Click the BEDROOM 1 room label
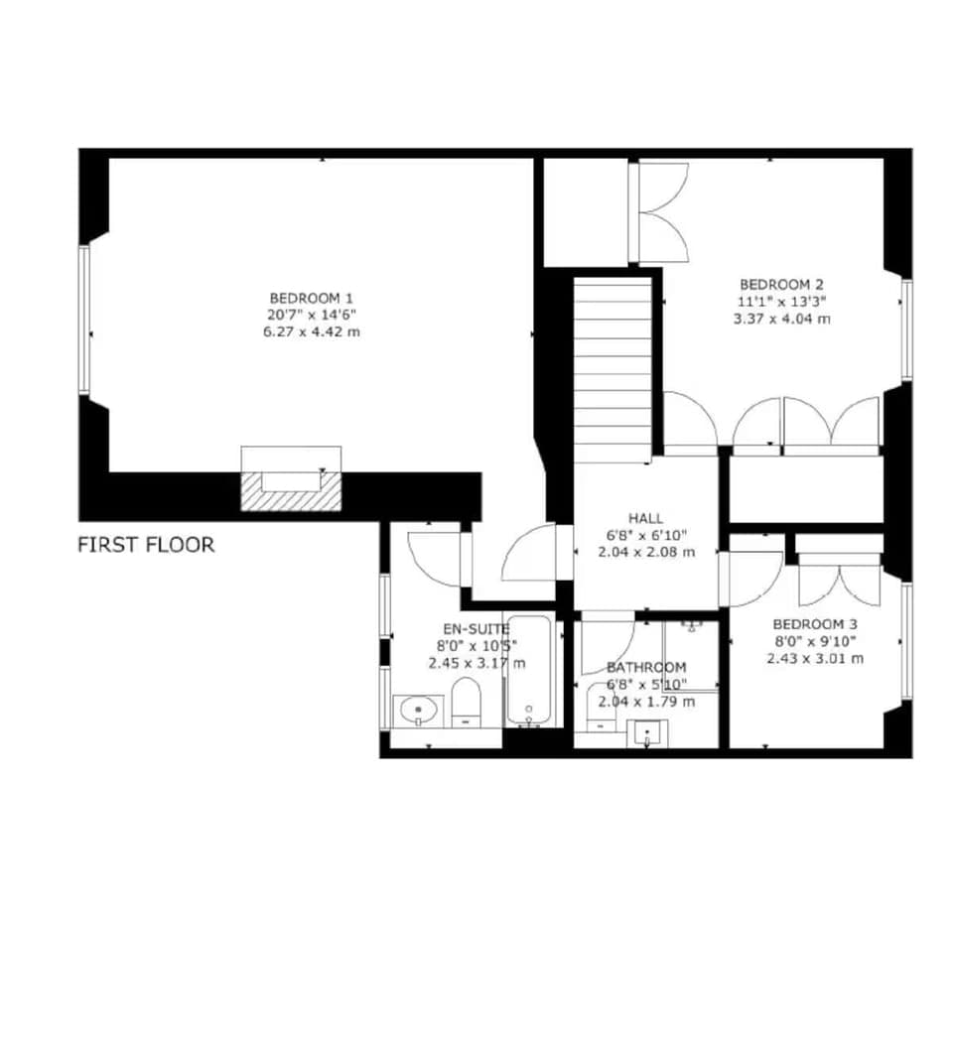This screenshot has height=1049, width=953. tap(312, 298)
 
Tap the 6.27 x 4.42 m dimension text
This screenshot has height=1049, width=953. tap(312, 331)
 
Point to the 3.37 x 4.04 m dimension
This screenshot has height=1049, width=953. tap(781, 319)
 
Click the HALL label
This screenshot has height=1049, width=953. tap(645, 518)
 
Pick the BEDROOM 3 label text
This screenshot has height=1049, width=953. tap(814, 624)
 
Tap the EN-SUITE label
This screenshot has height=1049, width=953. tap(476, 628)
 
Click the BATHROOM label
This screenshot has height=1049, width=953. tap(646, 667)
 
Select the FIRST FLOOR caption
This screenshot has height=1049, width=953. tap(146, 545)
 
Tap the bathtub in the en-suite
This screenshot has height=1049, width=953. tap(528, 670)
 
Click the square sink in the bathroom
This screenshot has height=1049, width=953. tap(648, 733)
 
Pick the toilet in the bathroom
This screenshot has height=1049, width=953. tap(601, 707)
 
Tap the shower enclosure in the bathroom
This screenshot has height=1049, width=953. tap(691, 655)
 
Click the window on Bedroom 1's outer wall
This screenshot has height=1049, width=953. tap(85, 320)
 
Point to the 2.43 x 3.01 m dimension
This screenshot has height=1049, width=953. tap(814, 658)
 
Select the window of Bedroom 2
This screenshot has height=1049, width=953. tap(906, 329)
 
